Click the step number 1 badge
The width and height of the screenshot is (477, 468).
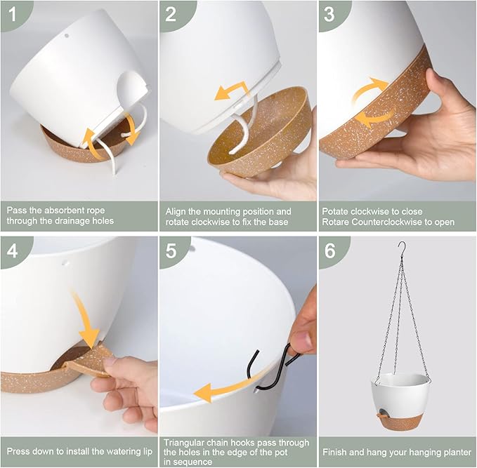13,14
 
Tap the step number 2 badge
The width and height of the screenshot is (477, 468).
171,14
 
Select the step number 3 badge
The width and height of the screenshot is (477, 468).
330,14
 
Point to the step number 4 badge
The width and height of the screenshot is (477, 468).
13,251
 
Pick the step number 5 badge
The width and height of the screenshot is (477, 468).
171,251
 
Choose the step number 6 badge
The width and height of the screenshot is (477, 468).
330,251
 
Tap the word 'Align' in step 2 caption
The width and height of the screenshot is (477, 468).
176,211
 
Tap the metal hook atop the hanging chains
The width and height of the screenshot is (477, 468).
403,249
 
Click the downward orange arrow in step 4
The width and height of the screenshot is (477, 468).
86,319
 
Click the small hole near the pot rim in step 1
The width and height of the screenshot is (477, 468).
67,36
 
